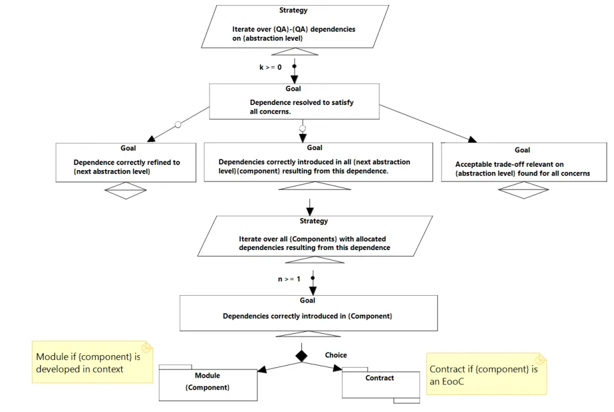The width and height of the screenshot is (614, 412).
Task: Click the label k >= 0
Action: click(x=270, y=68)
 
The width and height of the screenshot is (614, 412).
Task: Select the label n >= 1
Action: click(x=289, y=279)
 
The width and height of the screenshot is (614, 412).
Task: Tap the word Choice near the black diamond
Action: click(x=336, y=355)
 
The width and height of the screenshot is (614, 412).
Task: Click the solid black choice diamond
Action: click(x=301, y=356)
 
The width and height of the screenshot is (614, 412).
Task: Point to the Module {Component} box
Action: click(x=208, y=383)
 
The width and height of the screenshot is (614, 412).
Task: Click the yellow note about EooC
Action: click(x=486, y=374)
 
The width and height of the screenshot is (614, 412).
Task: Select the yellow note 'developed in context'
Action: click(x=93, y=362)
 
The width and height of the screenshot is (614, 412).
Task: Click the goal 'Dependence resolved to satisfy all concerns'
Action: click(x=294, y=101)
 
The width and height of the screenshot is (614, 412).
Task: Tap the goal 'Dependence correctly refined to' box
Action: click(x=126, y=163)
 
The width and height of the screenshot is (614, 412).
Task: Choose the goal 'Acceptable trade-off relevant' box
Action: click(x=524, y=162)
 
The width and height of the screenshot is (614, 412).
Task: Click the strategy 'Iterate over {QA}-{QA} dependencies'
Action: click(x=295, y=27)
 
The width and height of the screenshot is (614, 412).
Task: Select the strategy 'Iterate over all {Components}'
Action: click(x=315, y=236)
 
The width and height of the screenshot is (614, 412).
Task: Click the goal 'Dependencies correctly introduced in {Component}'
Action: click(x=309, y=313)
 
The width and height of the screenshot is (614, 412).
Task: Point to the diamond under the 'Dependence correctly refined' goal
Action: click(x=126, y=191)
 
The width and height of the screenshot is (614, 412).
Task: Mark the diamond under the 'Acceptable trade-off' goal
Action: click(x=523, y=190)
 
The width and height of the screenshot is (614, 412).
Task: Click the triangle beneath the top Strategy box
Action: click(x=295, y=52)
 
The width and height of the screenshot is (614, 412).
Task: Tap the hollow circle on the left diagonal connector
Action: click(x=178, y=125)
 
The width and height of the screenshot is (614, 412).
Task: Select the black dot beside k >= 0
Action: click(x=294, y=66)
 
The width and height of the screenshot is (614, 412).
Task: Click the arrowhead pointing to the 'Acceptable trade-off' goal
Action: click(x=473, y=139)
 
